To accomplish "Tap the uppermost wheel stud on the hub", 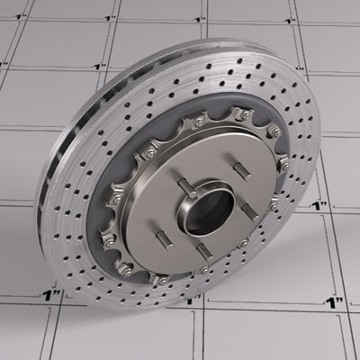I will pos(240,167).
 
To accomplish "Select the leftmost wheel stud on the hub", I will pos(164,238).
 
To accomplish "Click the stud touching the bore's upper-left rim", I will pos(186,187).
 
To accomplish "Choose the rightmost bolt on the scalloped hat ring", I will pos(284,165).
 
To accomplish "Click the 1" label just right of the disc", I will pos(318,206).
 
